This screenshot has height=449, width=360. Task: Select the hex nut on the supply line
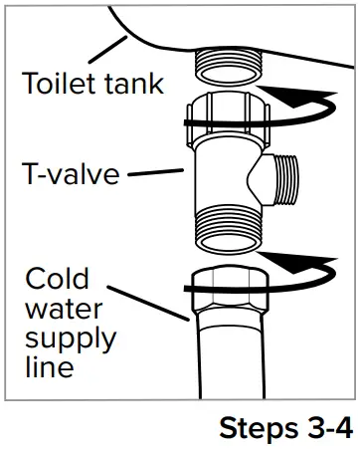(226, 288)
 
